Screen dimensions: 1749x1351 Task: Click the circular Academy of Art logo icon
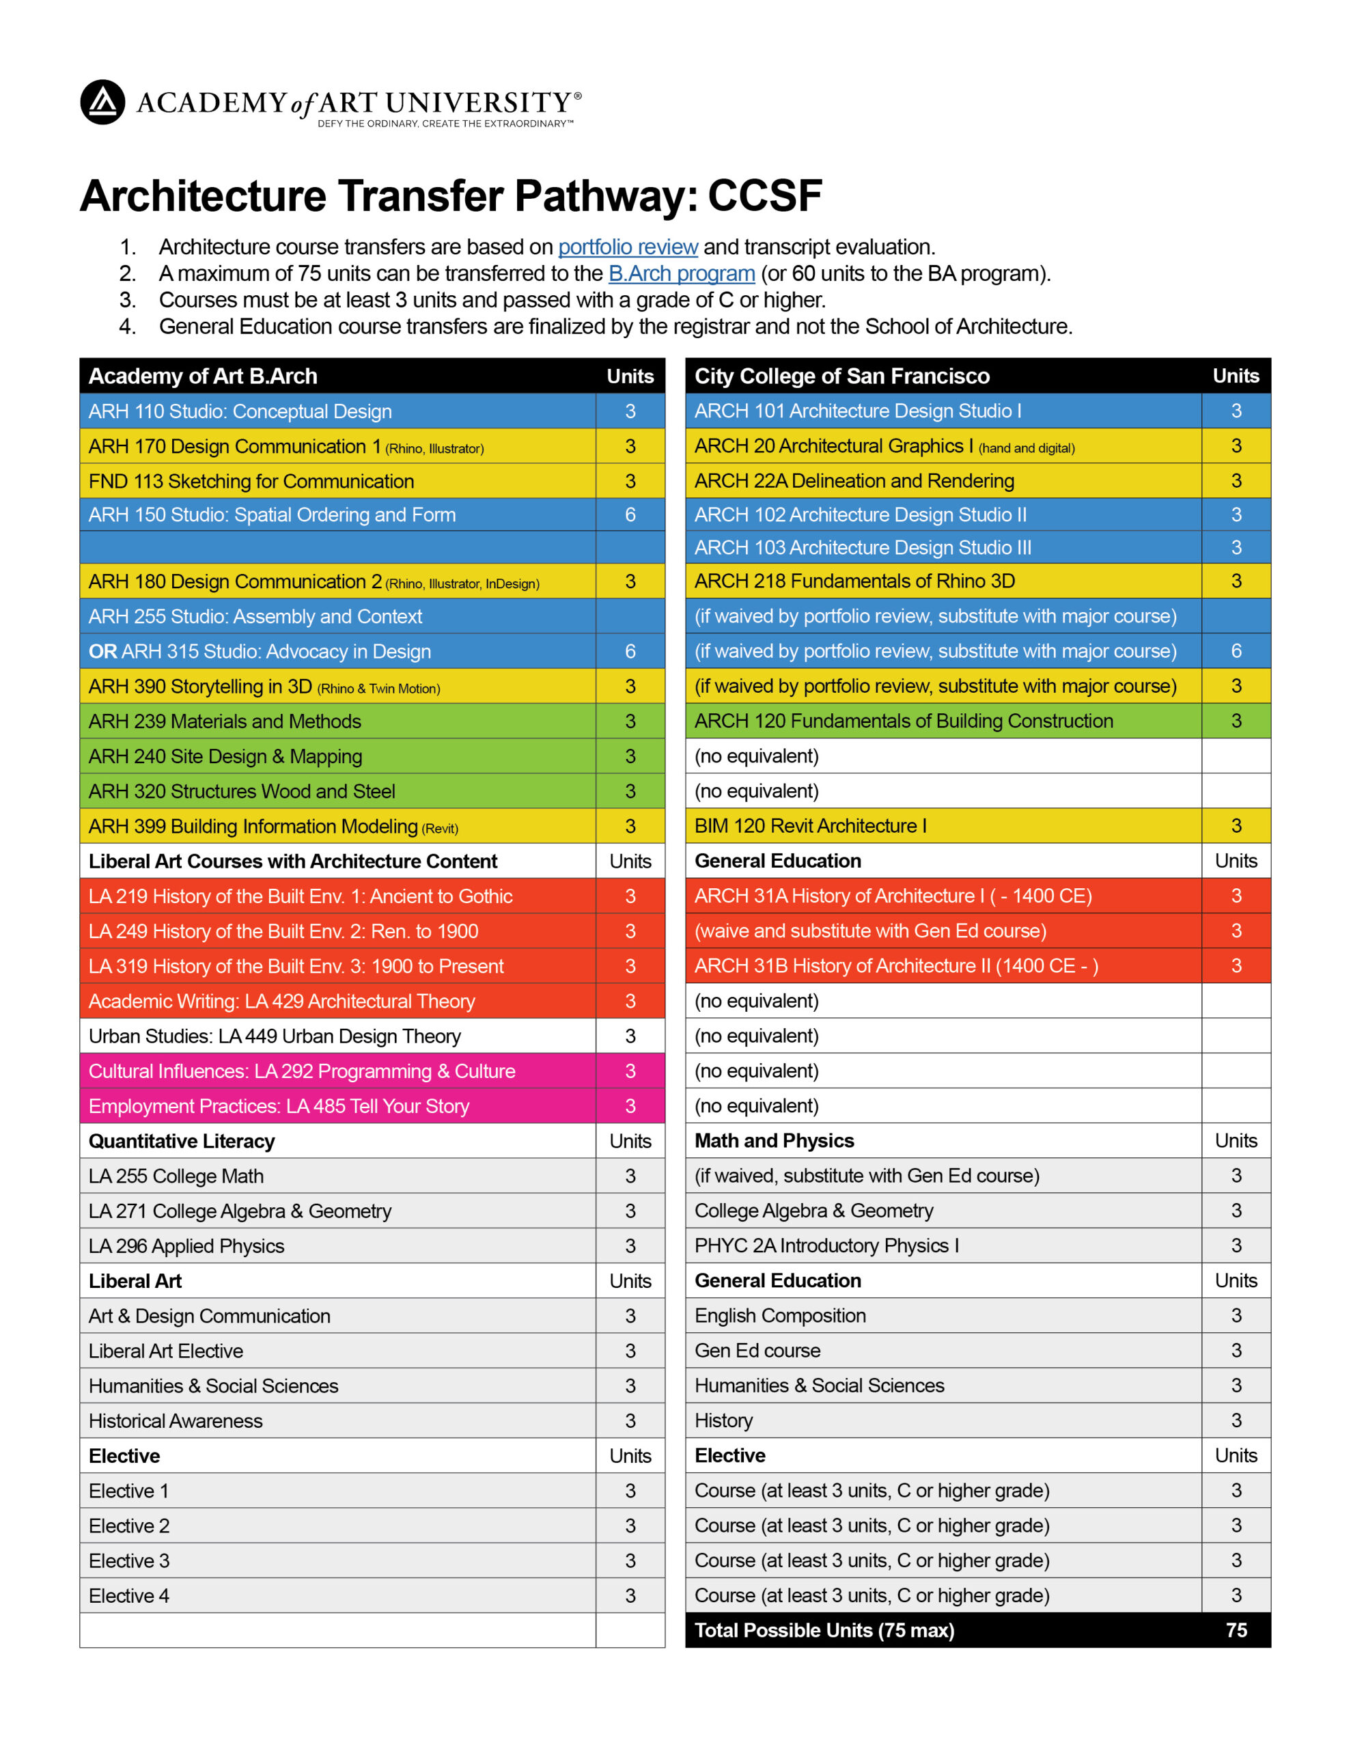coord(102,102)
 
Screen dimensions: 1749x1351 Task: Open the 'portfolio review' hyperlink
coord(627,247)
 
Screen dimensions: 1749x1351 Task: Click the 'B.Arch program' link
coord(681,273)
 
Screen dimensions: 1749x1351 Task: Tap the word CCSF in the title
coord(764,195)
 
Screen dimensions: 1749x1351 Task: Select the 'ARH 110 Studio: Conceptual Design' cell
coord(240,411)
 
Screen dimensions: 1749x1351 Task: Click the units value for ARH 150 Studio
coord(630,514)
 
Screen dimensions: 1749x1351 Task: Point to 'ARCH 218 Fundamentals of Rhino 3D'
coord(854,581)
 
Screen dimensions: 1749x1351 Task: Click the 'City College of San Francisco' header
coord(841,376)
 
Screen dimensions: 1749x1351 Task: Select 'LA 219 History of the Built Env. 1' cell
coord(301,896)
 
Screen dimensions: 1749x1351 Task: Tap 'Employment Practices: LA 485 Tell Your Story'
coord(279,1106)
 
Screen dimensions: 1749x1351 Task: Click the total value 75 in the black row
coord(1236,1631)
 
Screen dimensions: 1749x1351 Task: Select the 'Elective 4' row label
coord(129,1596)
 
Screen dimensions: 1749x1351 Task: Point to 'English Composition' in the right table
coord(779,1316)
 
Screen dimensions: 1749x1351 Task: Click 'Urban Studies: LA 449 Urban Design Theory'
coord(275,1036)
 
